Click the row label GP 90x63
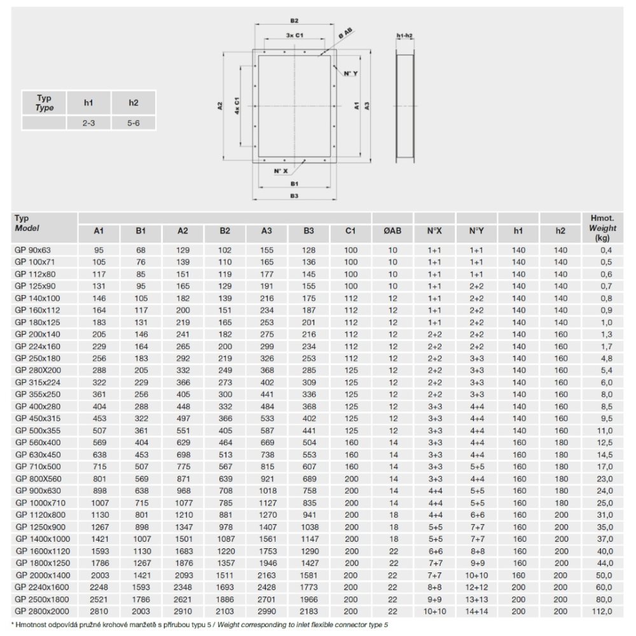point(33,250)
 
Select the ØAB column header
point(392,231)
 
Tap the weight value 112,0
point(602,611)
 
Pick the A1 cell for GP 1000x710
point(100,503)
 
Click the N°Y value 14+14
point(477,611)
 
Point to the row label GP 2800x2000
point(42,611)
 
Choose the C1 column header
point(350,231)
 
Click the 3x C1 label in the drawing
point(294,35)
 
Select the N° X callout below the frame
point(280,170)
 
